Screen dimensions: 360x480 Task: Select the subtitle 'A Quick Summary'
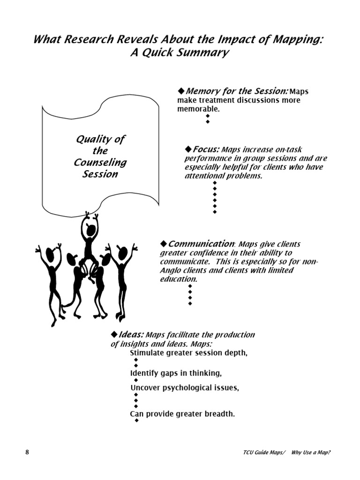[x=180, y=52]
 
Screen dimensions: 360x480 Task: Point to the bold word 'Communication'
[x=202, y=244]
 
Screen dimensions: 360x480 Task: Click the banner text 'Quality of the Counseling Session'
[x=100, y=157]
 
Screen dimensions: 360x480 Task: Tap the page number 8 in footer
[x=27, y=452]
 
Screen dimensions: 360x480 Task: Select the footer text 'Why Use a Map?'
[x=314, y=453]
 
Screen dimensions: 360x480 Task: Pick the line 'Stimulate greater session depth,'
[x=188, y=352]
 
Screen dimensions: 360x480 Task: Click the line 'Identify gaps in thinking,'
[x=176, y=373]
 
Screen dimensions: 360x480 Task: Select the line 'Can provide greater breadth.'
[x=182, y=414]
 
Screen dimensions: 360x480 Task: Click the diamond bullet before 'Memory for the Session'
[x=181, y=90]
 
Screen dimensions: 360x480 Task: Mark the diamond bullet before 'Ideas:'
[x=114, y=334]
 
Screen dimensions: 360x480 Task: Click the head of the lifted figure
[x=91, y=231]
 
